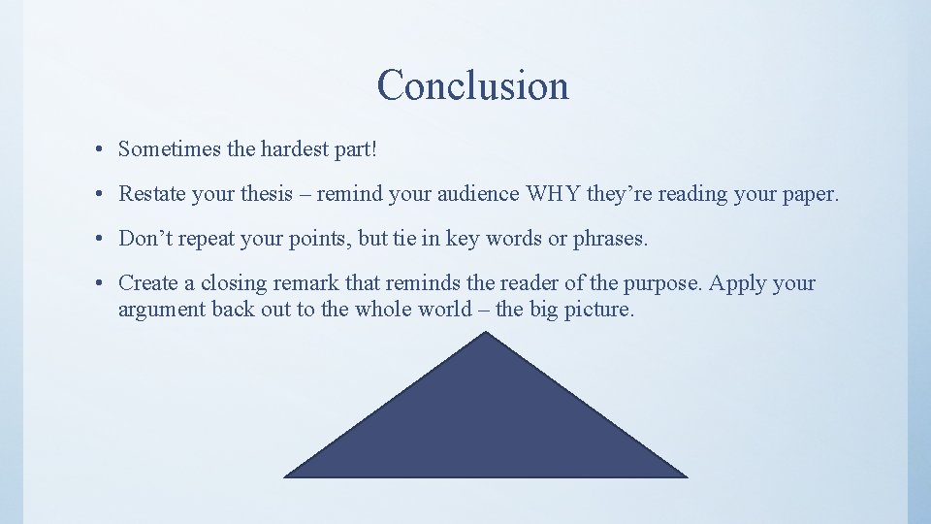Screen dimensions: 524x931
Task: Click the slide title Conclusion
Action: click(472, 85)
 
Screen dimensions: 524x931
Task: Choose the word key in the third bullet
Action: click(463, 239)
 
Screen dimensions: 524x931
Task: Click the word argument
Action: click(160, 311)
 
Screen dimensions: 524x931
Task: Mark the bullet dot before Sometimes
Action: click(100, 150)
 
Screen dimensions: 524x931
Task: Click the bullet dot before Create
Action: click(100, 284)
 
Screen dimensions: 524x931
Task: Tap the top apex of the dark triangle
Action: click(486, 333)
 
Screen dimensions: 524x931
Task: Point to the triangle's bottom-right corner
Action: click(685, 476)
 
